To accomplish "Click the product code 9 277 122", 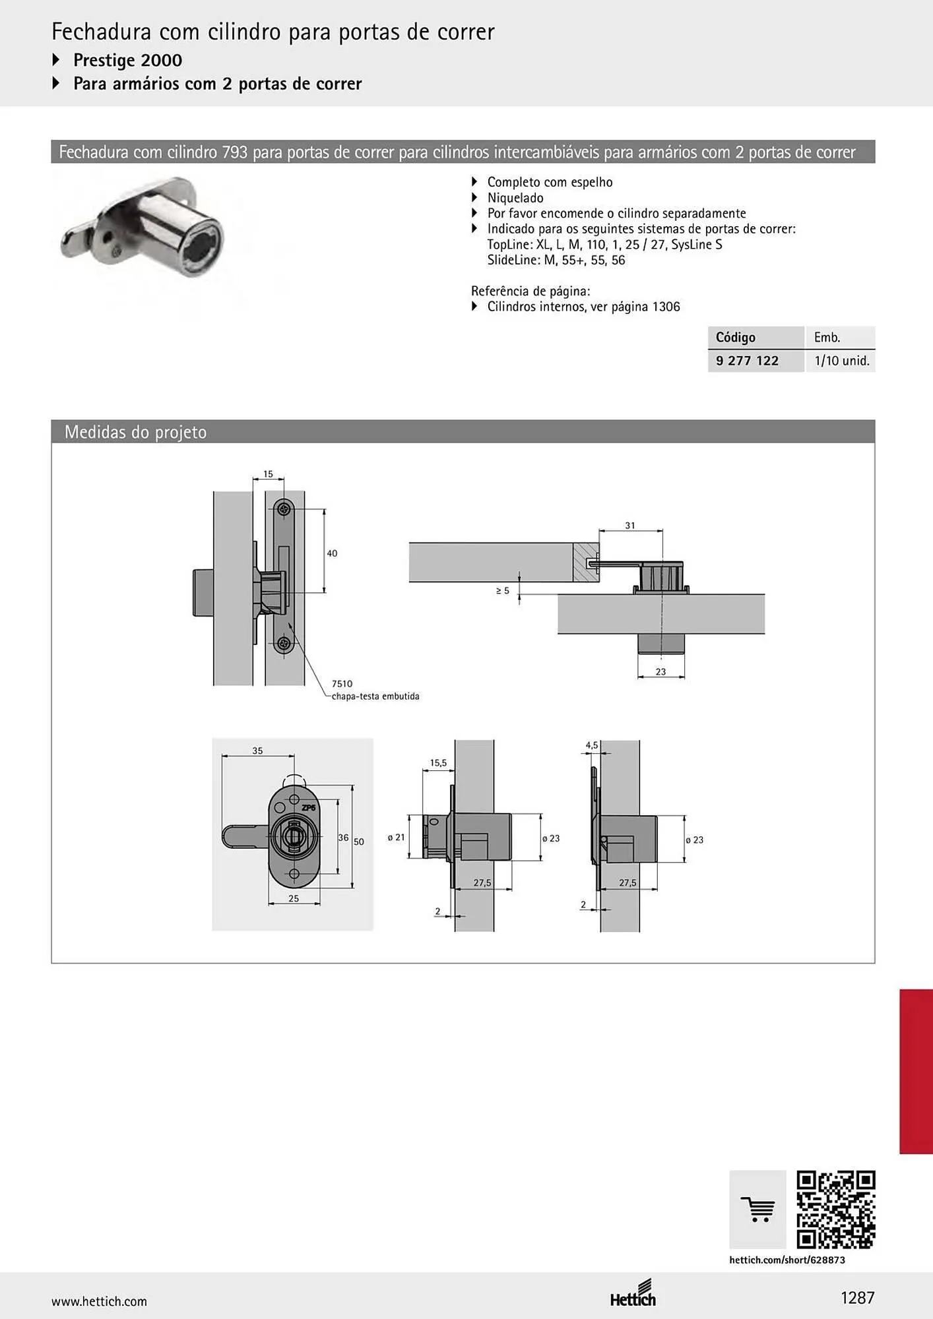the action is (x=747, y=361).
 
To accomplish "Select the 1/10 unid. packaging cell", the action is (x=841, y=361).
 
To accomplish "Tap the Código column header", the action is (x=735, y=338).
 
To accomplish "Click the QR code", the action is (x=836, y=1210).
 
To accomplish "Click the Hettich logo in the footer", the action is (x=633, y=1294).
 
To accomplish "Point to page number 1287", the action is (x=857, y=1298).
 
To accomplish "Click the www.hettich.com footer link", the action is (x=99, y=1301).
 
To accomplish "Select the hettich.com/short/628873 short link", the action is (x=787, y=1260).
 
